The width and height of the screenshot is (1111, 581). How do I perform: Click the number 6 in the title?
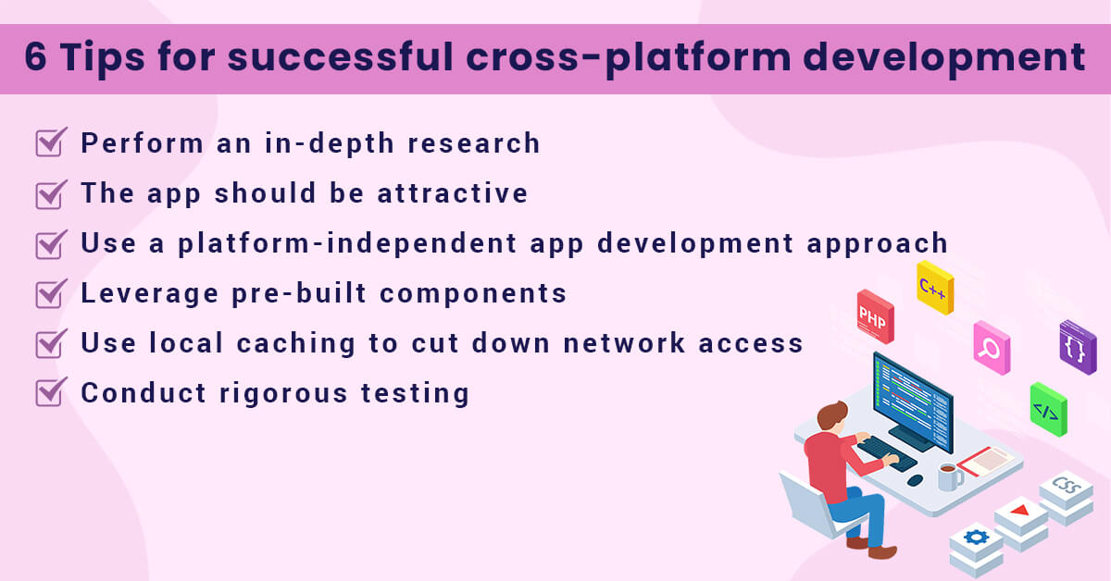click(x=36, y=57)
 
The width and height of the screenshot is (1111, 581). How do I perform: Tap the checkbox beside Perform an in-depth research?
click(x=50, y=142)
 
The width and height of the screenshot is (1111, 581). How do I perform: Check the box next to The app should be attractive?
click(x=50, y=193)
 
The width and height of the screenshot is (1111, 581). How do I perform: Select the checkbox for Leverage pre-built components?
click(x=50, y=293)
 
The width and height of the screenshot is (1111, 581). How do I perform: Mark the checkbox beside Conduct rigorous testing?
click(x=50, y=392)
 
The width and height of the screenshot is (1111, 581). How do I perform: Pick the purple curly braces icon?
click(x=1078, y=348)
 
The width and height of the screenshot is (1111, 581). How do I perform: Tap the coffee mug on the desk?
click(x=948, y=477)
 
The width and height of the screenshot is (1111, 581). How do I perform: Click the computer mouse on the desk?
click(x=915, y=480)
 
